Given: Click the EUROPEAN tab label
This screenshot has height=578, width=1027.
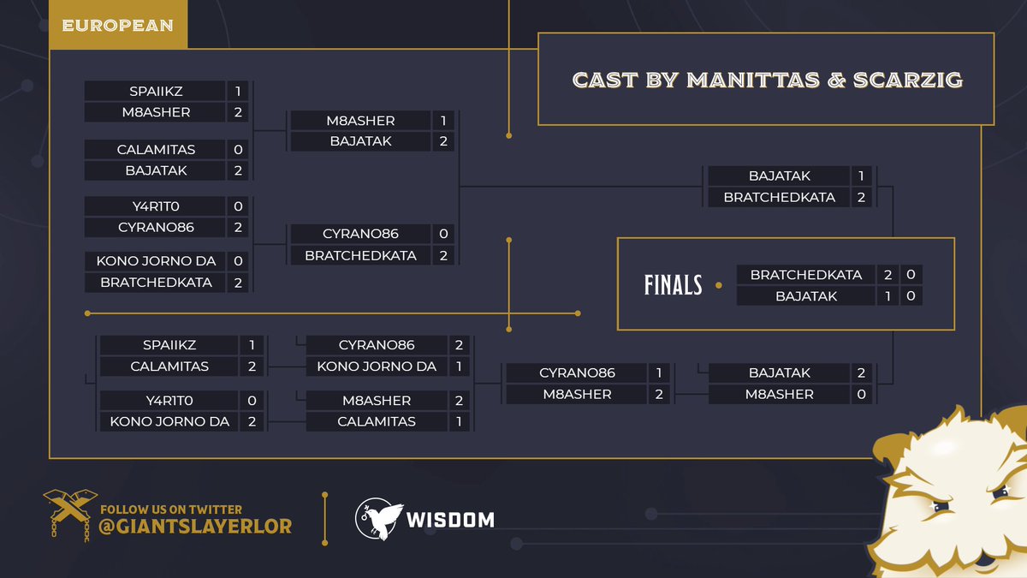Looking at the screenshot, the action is [x=117, y=25].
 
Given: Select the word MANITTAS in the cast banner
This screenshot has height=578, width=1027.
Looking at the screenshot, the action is [x=753, y=80].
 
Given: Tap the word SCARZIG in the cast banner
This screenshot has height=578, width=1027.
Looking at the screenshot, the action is [x=908, y=80].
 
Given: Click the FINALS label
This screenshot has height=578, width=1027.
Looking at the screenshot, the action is [x=673, y=284].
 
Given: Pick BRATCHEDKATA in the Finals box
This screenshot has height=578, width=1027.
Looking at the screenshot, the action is [x=806, y=275].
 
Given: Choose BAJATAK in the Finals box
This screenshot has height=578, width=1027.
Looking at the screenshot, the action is [x=806, y=296].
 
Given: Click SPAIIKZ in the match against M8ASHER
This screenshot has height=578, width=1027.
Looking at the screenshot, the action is [x=156, y=92].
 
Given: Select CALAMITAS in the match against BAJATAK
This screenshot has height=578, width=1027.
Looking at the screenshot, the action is [x=156, y=150].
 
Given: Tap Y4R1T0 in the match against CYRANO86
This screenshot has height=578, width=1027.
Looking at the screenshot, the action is [x=156, y=206].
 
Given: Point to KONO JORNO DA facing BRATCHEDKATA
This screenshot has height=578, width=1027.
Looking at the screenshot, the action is [x=156, y=261].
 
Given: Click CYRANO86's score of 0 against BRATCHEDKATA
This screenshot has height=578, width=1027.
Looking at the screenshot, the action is [x=443, y=234].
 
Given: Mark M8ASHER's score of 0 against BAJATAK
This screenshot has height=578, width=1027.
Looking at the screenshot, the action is [x=861, y=395].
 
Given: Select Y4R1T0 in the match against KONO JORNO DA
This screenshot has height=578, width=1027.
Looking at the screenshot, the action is [x=169, y=401].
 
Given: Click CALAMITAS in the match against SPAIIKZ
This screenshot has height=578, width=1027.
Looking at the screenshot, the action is [x=169, y=366].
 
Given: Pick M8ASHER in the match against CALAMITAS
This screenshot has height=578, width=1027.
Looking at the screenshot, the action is [x=377, y=401].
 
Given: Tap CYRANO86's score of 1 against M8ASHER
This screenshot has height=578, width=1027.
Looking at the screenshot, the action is [x=659, y=373].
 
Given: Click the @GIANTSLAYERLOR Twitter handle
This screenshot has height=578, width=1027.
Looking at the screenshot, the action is [x=195, y=527].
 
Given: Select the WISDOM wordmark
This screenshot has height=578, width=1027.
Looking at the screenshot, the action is [x=450, y=521].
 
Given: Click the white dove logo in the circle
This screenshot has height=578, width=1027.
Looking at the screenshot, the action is [x=378, y=519].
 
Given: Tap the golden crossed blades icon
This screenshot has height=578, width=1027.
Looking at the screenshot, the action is [x=70, y=515].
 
